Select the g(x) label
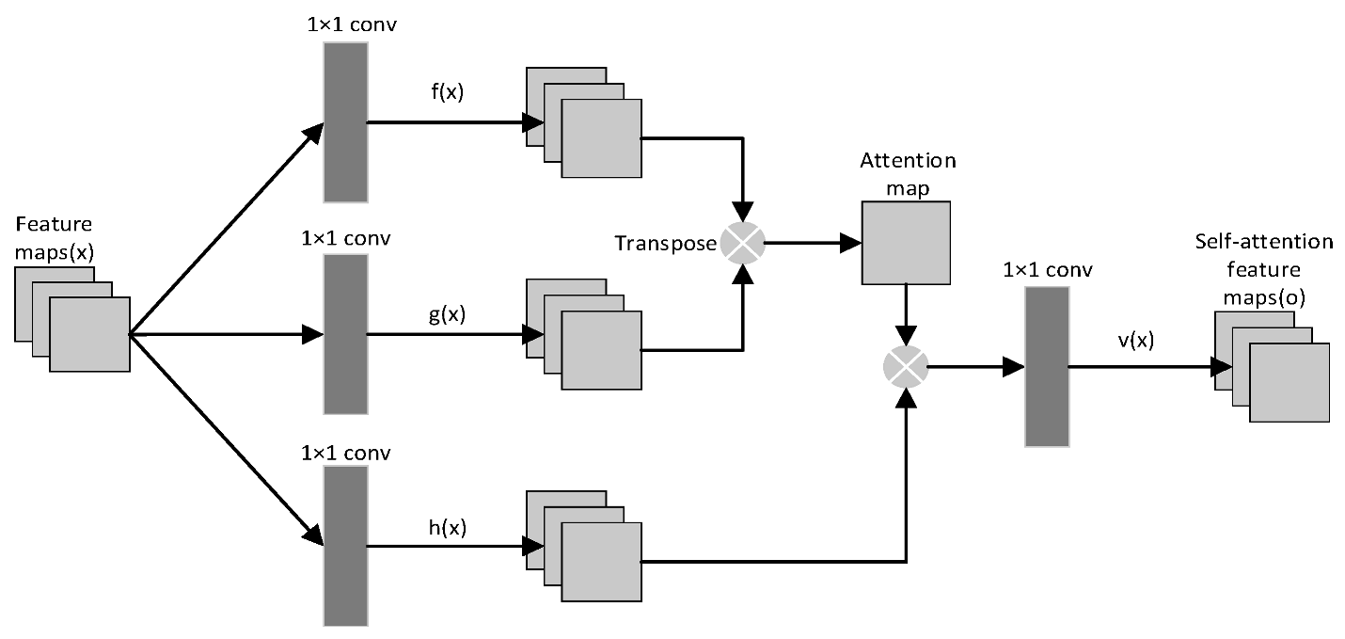tap(447, 314)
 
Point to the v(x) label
tap(1136, 340)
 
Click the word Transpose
tap(665, 244)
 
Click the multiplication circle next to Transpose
tap(743, 244)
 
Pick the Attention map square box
tap(906, 243)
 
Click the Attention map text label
tap(908, 174)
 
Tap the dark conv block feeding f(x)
tap(345, 122)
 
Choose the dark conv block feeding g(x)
tap(345, 334)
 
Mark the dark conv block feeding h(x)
tap(345, 546)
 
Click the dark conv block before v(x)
tap(1047, 367)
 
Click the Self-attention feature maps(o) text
tap(1263, 269)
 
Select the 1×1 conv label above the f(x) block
tap(345, 24)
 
